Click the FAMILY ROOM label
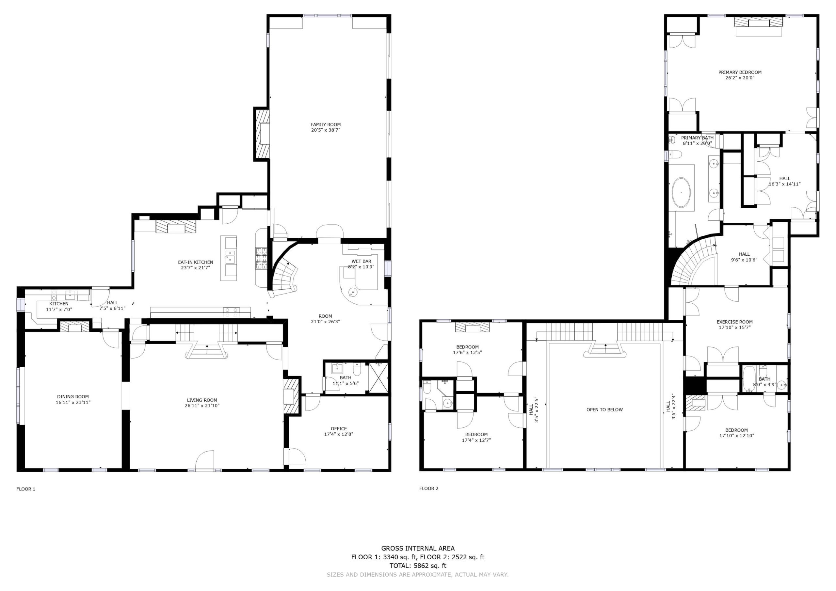pyautogui.click(x=326, y=124)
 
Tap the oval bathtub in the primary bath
pyautogui.click(x=681, y=192)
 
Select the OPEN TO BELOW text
pyautogui.click(x=604, y=410)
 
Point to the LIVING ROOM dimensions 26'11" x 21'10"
pyautogui.click(x=202, y=406)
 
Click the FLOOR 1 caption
pyautogui.click(x=26, y=489)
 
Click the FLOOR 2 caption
pyautogui.click(x=428, y=488)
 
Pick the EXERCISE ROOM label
pyautogui.click(x=734, y=322)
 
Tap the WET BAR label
pyautogui.click(x=361, y=262)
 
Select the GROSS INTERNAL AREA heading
pyautogui.click(x=418, y=548)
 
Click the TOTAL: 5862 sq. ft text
pyautogui.click(x=418, y=566)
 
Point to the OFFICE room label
pyautogui.click(x=339, y=429)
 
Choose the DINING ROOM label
pyautogui.click(x=73, y=397)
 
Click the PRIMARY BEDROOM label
pyautogui.click(x=740, y=72)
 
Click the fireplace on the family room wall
pyautogui.click(x=262, y=134)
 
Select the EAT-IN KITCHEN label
pyautogui.click(x=196, y=262)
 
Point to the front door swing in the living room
pyautogui.click(x=205, y=460)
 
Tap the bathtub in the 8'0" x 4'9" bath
pyautogui.click(x=749, y=378)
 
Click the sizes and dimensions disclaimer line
pyautogui.click(x=418, y=575)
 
